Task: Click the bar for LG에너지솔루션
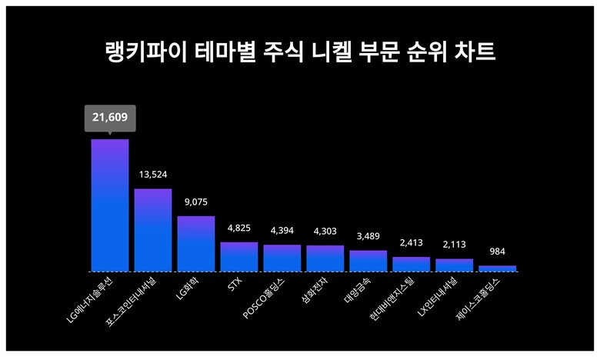pyautogui.click(x=110, y=205)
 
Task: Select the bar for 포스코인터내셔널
pyautogui.click(x=153, y=230)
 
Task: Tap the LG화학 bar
pyautogui.click(x=196, y=244)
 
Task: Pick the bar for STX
pyautogui.click(x=239, y=257)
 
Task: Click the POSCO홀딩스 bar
pyautogui.click(x=282, y=258)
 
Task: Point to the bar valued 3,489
pyautogui.click(x=368, y=261)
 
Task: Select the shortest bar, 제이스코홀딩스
pyautogui.click(x=498, y=268)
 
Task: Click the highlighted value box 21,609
pyautogui.click(x=110, y=118)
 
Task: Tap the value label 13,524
pyautogui.click(x=153, y=175)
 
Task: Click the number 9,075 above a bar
pyautogui.click(x=196, y=202)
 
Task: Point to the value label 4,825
pyautogui.click(x=239, y=228)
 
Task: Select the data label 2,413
pyautogui.click(x=412, y=243)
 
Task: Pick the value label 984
pyautogui.click(x=498, y=252)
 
